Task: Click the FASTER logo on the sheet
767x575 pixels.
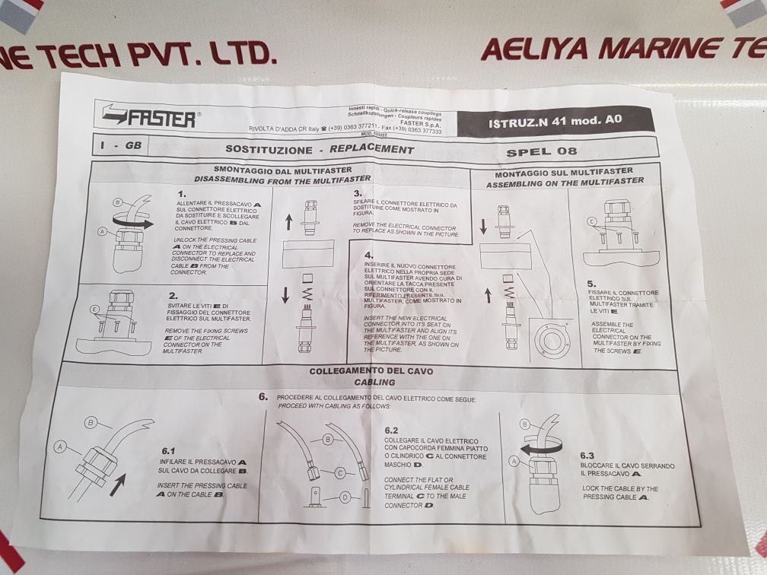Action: tap(151, 118)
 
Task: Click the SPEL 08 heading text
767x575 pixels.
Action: tap(546, 151)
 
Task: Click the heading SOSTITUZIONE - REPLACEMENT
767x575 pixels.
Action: tap(320, 149)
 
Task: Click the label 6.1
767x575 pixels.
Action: tap(168, 450)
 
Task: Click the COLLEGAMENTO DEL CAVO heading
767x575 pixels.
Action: tap(371, 371)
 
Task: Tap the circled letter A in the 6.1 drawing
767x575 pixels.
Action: tap(59, 448)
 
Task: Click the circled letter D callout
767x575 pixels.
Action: tap(345, 497)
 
